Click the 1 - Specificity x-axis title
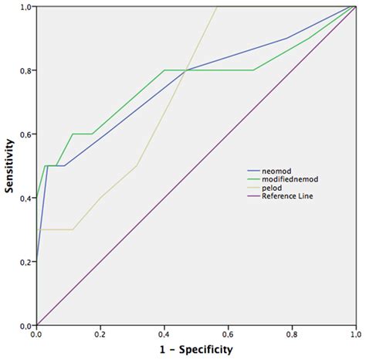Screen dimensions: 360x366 point(195,348)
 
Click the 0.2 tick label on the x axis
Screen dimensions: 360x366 point(100,333)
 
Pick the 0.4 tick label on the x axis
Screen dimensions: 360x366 point(164,333)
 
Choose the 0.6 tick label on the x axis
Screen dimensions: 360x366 point(227,333)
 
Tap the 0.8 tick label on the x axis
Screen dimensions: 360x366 point(291,333)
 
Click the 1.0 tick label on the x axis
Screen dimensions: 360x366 point(354,333)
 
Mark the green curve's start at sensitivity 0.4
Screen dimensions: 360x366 point(36,198)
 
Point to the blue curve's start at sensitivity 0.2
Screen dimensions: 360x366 point(36,262)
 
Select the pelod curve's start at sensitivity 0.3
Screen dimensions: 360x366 point(36,229)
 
